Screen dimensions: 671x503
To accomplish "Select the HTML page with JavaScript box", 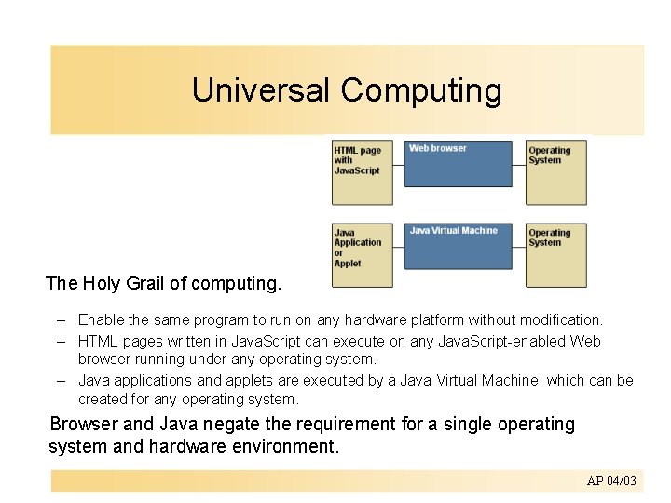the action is [363, 172].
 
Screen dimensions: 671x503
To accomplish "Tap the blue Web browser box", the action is [458, 164].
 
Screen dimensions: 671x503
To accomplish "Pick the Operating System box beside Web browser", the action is [555, 172].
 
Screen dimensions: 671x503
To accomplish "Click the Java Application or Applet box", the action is [363, 254].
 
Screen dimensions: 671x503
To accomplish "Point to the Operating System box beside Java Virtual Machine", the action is [555, 254].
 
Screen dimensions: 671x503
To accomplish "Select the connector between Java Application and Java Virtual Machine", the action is [398, 248].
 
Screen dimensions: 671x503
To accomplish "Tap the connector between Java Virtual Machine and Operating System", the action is [519, 248].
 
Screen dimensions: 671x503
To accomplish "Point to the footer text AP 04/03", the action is [611, 481].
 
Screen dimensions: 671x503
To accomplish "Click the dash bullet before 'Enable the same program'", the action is [60, 320].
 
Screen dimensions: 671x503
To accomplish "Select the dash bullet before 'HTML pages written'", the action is [60, 341].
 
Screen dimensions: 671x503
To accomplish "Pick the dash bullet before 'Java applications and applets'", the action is [60, 381].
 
